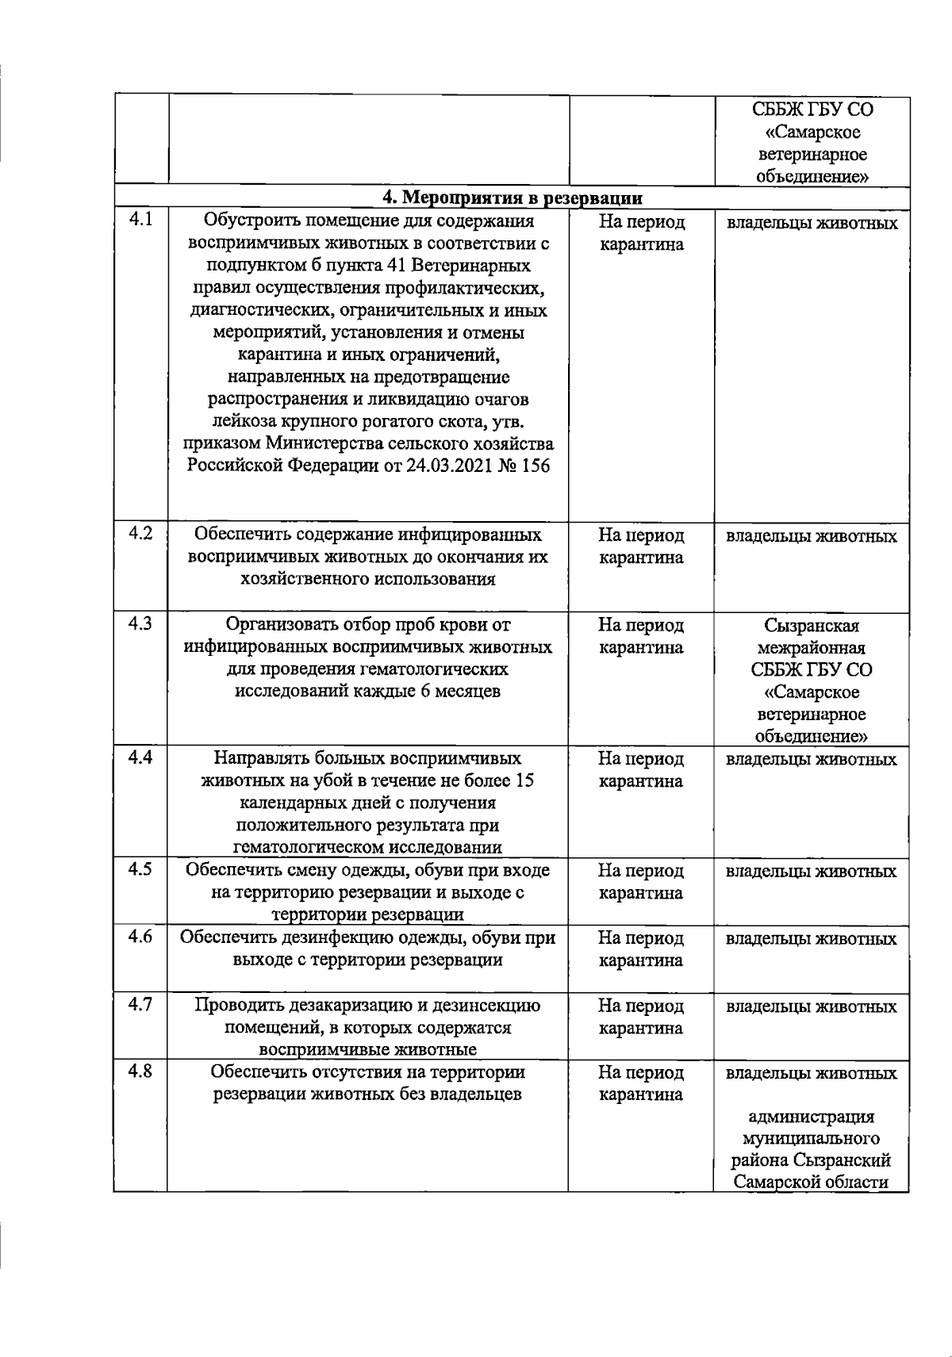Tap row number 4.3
point(140,624)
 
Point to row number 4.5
point(140,869)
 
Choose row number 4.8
point(140,1071)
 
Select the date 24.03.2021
point(448,466)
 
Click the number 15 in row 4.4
point(524,780)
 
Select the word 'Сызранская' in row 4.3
point(812,627)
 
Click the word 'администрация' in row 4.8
point(812,1117)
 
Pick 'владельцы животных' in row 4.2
point(812,537)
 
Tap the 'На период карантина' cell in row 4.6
point(641,949)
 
